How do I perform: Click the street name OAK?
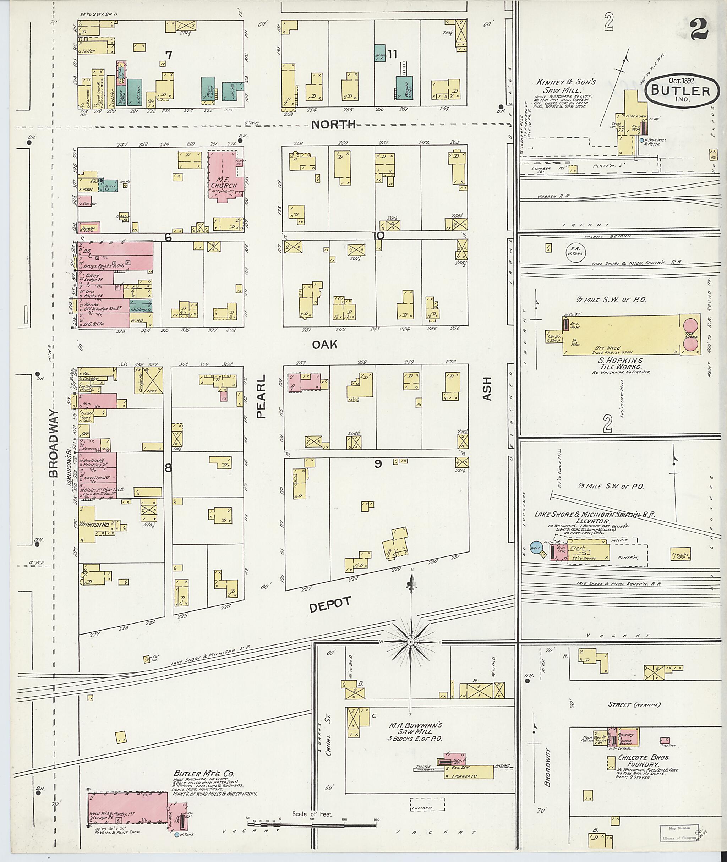(325, 345)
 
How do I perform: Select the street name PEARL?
(262, 396)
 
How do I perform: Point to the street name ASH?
(487, 389)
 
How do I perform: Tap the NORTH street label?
(333, 125)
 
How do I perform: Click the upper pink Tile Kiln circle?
(692, 324)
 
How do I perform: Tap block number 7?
(168, 55)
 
